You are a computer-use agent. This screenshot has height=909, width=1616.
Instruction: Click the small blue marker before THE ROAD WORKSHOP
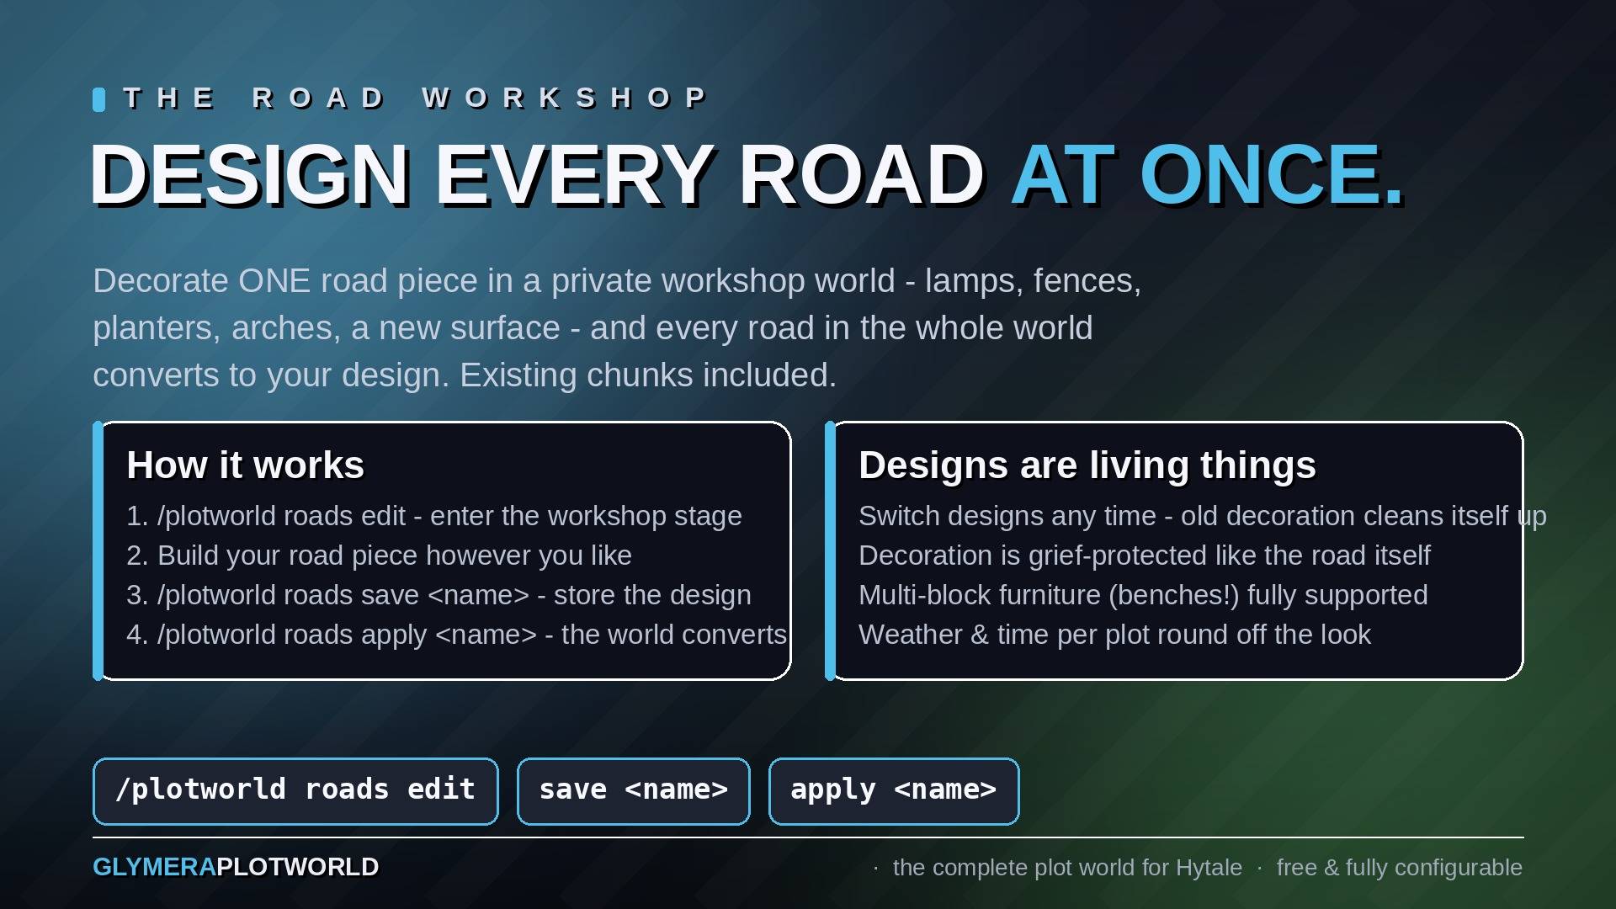pyautogui.click(x=98, y=99)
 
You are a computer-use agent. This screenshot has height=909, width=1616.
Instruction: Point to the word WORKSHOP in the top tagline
pyautogui.click(x=565, y=98)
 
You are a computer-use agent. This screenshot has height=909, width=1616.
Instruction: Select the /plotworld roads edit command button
pyautogui.click(x=295, y=791)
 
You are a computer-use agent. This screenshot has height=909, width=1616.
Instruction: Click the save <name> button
pyautogui.click(x=634, y=791)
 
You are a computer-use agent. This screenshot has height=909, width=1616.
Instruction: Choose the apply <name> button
pyautogui.click(x=894, y=791)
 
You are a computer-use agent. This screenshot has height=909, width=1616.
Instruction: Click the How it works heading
pyautogui.click(x=246, y=465)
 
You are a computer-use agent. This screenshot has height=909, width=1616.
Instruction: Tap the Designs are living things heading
pyautogui.click(x=1087, y=465)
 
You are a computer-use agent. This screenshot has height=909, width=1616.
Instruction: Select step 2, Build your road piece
pyautogui.click(x=379, y=555)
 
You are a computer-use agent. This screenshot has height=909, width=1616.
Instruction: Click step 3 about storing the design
pyautogui.click(x=439, y=595)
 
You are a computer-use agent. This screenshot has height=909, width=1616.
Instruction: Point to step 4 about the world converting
pyautogui.click(x=456, y=635)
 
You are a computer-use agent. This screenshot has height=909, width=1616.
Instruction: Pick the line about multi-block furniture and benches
pyautogui.click(x=1143, y=595)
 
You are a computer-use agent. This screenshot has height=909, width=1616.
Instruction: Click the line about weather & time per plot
pyautogui.click(x=1114, y=635)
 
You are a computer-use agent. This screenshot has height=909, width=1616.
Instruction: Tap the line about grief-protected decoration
pyautogui.click(x=1145, y=555)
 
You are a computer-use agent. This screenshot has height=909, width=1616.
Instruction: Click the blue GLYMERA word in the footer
pyautogui.click(x=155, y=867)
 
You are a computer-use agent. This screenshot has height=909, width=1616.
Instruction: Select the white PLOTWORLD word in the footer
pyautogui.click(x=298, y=867)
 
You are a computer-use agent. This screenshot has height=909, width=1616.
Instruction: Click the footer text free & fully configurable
pyautogui.click(x=1399, y=868)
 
